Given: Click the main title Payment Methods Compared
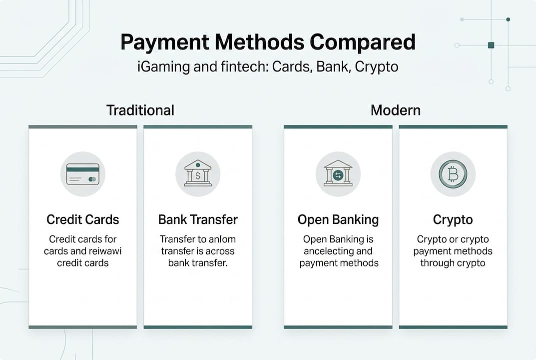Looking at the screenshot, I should (268, 42).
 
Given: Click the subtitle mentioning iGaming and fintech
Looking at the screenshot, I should (268, 66).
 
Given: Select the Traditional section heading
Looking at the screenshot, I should (140, 110).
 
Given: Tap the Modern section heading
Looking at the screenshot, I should (395, 110).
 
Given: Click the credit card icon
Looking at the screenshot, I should (83, 174).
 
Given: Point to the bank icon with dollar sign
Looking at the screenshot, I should (198, 173).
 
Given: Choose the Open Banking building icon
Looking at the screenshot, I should (338, 173).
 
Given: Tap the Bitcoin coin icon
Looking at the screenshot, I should (453, 174).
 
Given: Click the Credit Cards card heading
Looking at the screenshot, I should (83, 219).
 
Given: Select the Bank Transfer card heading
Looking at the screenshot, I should (198, 219).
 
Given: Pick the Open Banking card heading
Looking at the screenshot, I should (338, 219).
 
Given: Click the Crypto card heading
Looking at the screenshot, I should (453, 219).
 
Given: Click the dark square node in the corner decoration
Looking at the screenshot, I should (491, 45).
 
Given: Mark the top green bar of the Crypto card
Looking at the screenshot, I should (453, 127).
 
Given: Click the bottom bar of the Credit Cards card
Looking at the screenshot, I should (83, 327).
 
